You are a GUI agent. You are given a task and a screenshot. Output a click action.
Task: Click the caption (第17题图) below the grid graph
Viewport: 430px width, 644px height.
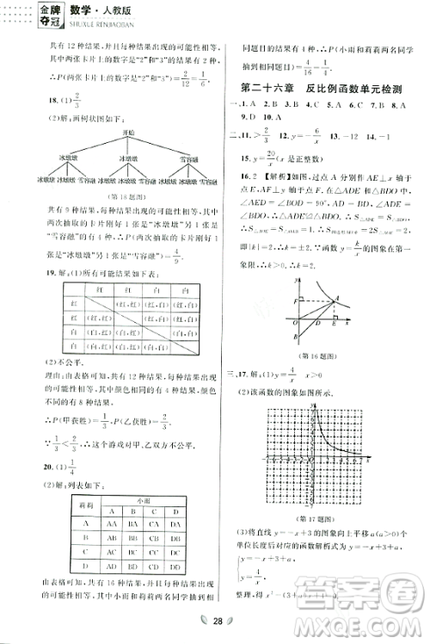coord(320,493)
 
